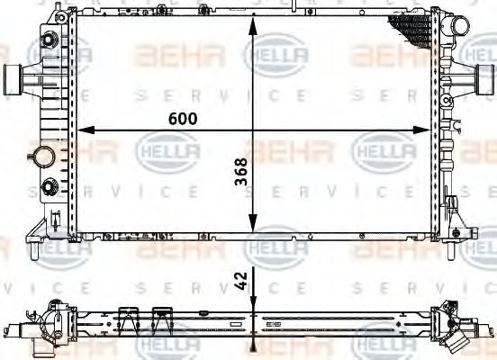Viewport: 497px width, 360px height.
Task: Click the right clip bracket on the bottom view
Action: click(x=164, y=317)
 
